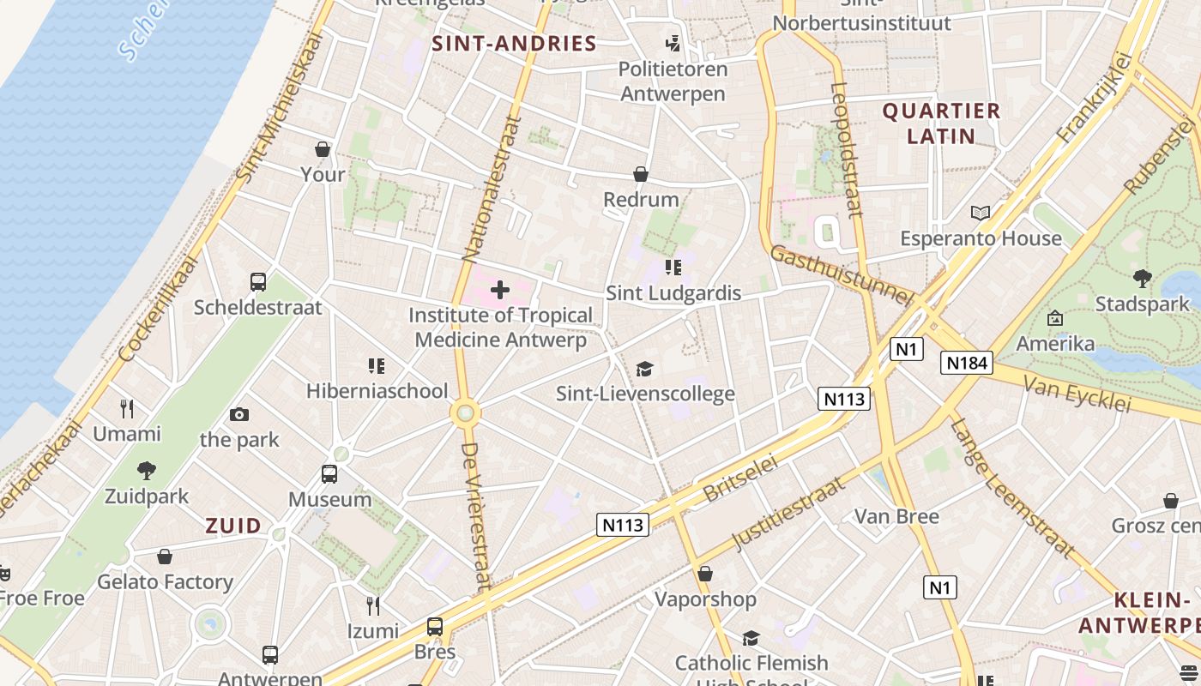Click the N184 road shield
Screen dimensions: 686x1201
point(966,363)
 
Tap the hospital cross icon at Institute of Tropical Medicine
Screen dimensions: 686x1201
point(500,290)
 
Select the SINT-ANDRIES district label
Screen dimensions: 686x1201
point(514,44)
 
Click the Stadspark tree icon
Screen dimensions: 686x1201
point(1142,278)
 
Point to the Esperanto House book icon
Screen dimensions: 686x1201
point(980,213)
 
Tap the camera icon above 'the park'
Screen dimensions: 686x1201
point(239,415)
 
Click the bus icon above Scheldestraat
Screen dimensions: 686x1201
point(258,281)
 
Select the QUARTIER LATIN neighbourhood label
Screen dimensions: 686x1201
point(941,123)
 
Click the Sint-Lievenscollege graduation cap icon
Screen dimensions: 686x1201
point(644,369)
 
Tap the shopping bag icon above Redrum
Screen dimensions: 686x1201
point(640,174)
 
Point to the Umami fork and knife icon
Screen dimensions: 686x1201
point(127,408)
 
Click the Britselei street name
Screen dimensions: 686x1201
point(739,478)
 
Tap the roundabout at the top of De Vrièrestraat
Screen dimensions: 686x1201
point(465,413)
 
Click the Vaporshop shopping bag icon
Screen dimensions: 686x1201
point(705,574)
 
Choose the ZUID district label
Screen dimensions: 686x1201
point(232,526)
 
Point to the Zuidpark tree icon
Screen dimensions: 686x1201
point(147,470)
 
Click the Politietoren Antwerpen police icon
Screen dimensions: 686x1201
point(673,43)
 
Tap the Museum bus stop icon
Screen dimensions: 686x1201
point(329,473)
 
